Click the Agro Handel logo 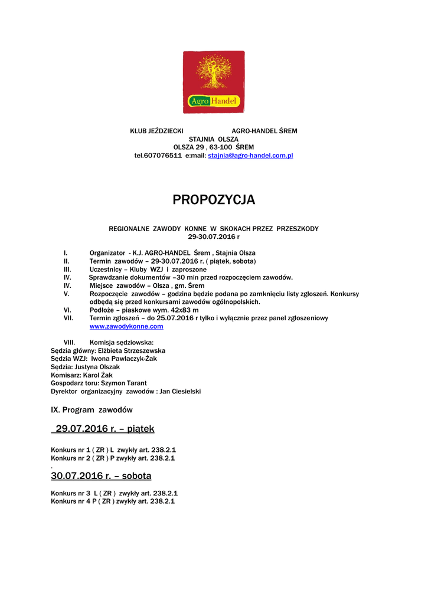pos(213,82)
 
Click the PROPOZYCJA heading pos(214,200)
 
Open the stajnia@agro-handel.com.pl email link pos(251,156)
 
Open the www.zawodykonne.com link pos(126,326)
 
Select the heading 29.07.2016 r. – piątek pos(104,428)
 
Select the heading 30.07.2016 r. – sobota pos(101,475)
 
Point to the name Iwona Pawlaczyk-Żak pos(124,359)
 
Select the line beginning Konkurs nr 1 pos(113,449)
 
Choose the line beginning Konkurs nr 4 pos(113,501)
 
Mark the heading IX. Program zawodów pos(92,409)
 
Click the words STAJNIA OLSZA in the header pos(214,139)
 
